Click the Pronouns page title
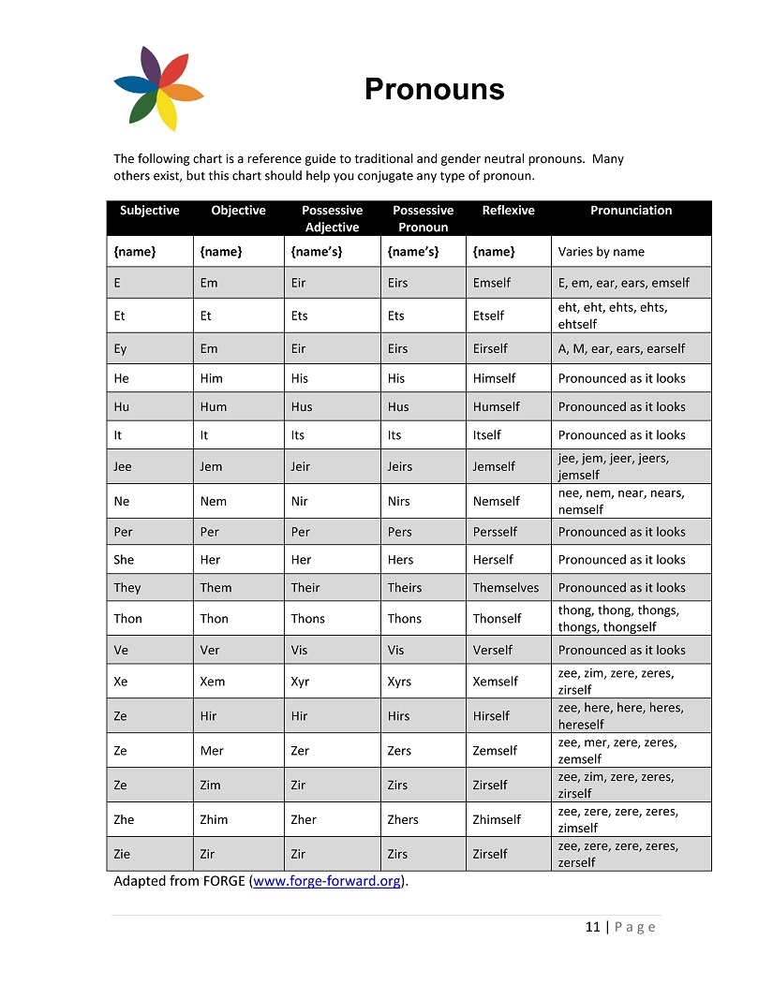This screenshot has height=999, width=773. [x=434, y=89]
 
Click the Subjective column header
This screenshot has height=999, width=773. [x=149, y=211]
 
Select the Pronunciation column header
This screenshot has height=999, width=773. [x=631, y=211]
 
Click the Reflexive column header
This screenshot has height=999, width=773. [x=508, y=211]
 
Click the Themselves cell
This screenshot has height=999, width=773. [x=505, y=588]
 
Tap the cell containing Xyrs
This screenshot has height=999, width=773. [x=399, y=683]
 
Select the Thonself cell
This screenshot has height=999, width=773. [x=497, y=619]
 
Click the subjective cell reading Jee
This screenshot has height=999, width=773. [x=123, y=466]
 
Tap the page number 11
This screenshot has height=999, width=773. [x=592, y=927]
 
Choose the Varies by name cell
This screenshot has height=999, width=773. [x=601, y=252]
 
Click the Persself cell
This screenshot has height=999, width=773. [x=495, y=532]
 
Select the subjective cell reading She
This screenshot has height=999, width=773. [x=124, y=560]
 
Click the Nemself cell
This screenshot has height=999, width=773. [x=496, y=502]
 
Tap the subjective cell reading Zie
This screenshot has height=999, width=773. [x=124, y=854]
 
